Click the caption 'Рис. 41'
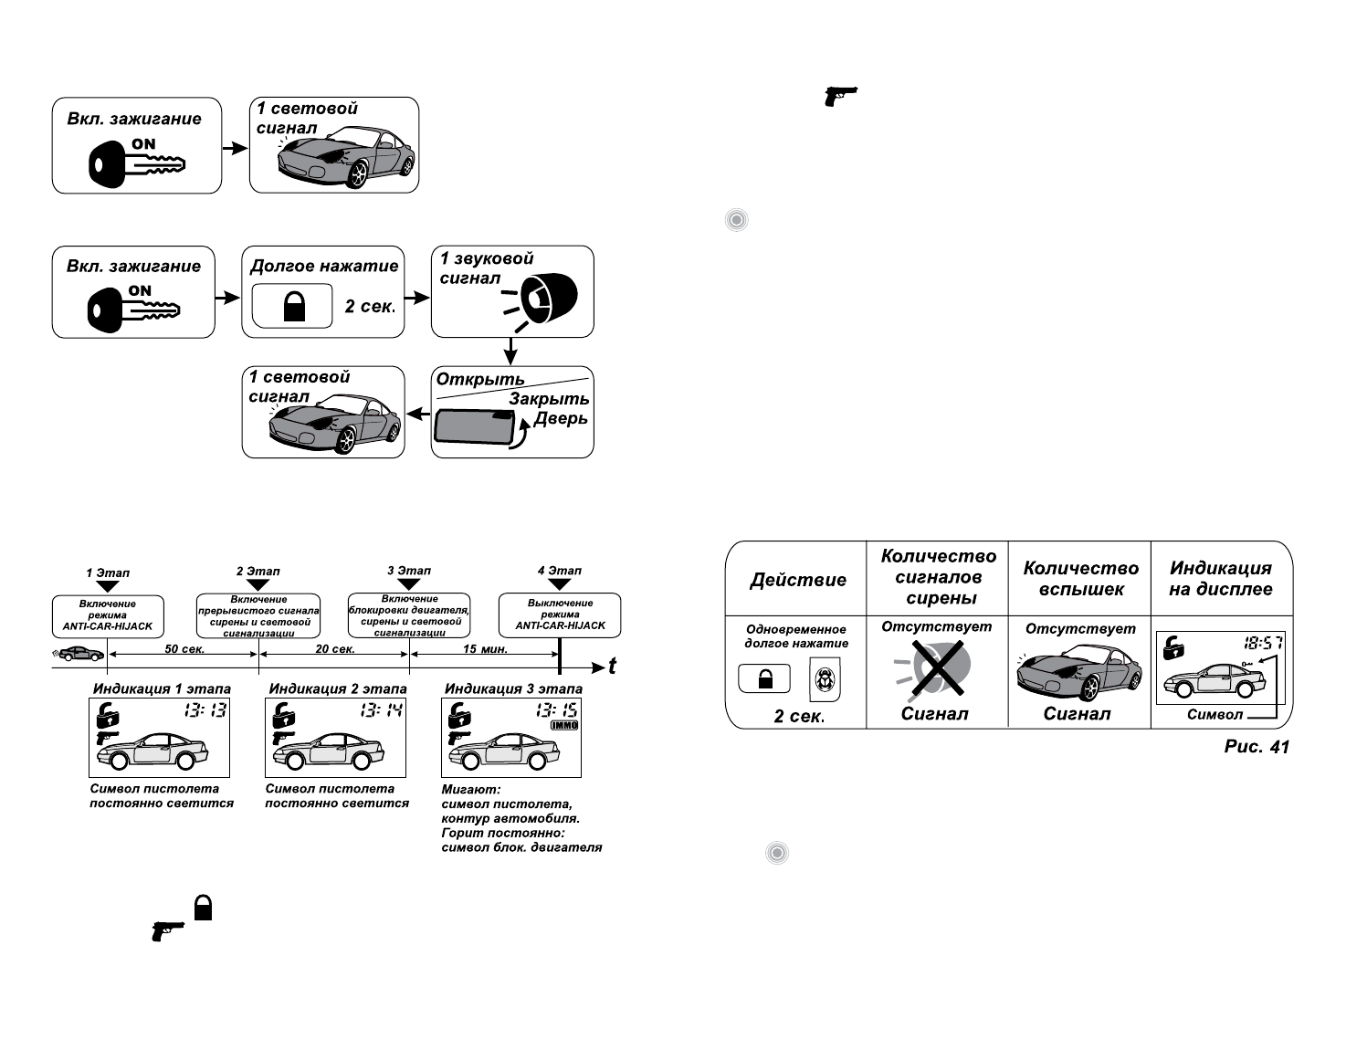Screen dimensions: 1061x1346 point(1257,747)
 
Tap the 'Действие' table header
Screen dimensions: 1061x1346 point(797,580)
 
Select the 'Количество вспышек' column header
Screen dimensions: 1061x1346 point(1080,578)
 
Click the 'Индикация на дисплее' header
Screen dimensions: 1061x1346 point(1221,579)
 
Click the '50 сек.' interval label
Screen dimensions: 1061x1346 point(184,649)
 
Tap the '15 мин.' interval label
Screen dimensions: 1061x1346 point(485,649)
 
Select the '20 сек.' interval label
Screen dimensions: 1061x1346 point(335,649)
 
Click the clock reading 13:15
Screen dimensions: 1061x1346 point(556,709)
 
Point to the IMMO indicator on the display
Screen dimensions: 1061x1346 point(564,725)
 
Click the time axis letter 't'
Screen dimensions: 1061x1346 point(612,667)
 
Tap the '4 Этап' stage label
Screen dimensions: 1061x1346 point(560,571)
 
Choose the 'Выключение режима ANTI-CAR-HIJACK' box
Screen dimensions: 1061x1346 point(560,615)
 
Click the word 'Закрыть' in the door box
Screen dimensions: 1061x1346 point(549,399)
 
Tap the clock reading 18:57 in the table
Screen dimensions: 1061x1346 point(1263,643)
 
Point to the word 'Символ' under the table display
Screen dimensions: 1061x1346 point(1215,715)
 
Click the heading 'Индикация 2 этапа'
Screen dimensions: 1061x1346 point(338,688)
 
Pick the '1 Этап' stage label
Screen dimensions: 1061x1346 point(108,573)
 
